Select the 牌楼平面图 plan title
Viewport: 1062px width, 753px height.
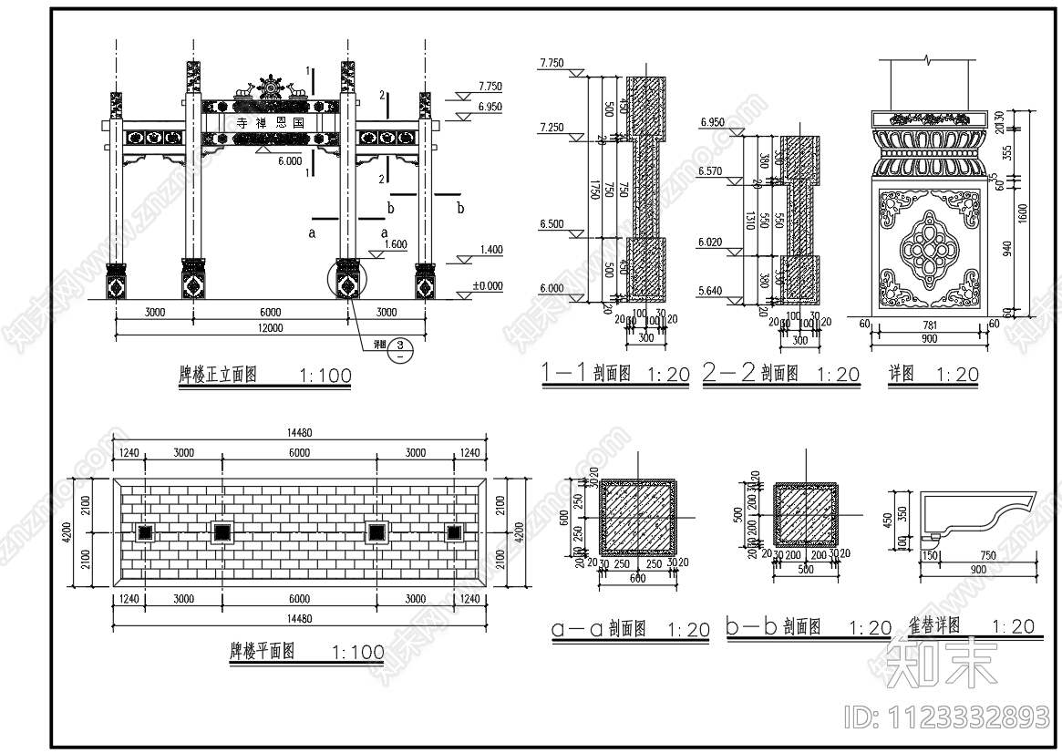262,652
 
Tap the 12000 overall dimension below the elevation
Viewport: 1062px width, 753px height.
270,328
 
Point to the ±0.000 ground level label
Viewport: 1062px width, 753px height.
487,285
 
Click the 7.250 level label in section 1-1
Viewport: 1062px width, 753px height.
552,126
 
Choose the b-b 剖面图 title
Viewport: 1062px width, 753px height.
773,627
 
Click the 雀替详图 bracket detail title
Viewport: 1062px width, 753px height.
934,626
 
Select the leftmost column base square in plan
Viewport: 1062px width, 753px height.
143,532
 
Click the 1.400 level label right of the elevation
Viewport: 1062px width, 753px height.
488,249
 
